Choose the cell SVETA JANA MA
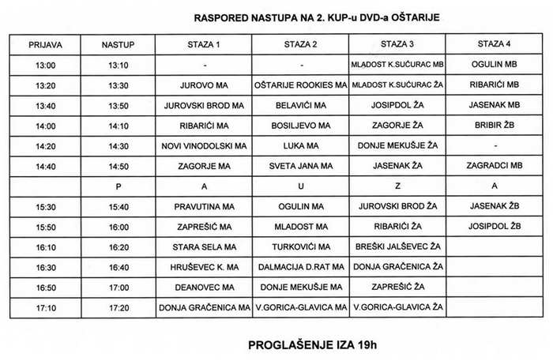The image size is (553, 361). coord(301,166)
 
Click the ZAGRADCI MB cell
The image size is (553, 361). coord(494,166)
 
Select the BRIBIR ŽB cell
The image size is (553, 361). coord(494,125)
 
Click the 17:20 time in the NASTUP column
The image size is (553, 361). coord(119,307)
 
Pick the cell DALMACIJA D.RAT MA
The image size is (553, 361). coord(301,267)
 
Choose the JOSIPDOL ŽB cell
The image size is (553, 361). coord(494,226)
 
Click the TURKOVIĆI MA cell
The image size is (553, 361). coord(301,246)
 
